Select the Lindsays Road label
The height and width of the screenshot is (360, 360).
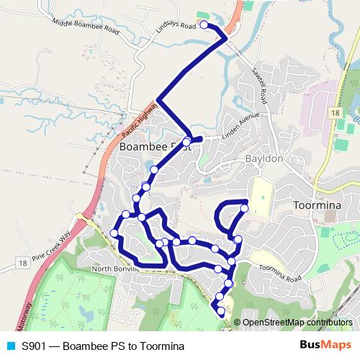[x=176, y=27]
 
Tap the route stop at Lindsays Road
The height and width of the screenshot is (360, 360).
[x=204, y=25]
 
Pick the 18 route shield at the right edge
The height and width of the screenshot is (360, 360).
[x=336, y=113]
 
